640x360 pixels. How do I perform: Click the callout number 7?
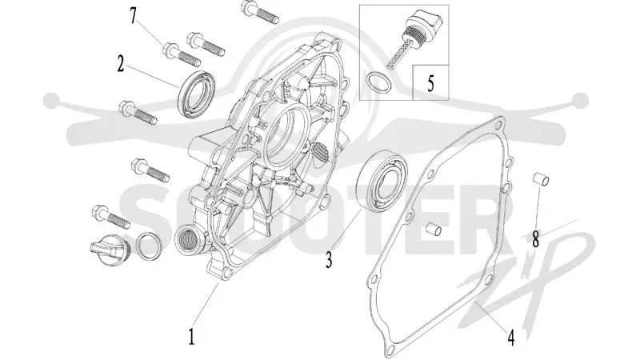coord(132,16)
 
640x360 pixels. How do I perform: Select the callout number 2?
coord(121,64)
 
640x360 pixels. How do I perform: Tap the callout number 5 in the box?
coord(430,83)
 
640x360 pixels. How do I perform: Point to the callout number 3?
coord(329,259)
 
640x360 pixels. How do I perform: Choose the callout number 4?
coord(510,338)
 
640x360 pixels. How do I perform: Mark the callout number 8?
coord(535,239)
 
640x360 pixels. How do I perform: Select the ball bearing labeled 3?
coord(382,181)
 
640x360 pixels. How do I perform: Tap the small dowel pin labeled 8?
coord(542,179)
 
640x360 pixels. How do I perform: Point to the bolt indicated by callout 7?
coord(182,54)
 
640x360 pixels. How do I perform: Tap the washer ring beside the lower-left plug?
coord(149,246)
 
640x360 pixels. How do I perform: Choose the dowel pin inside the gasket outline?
coord(433,230)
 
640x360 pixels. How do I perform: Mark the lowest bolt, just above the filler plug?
coord(110,216)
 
